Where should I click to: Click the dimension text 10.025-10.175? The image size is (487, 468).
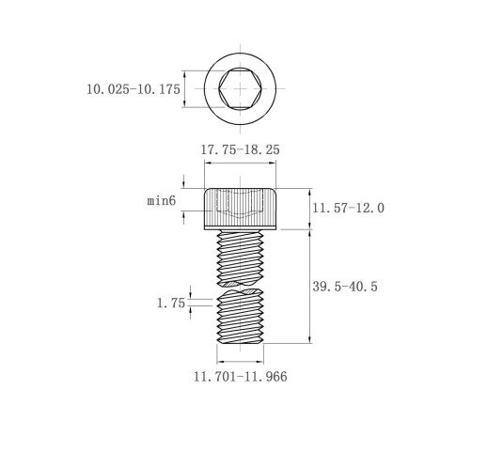pos(134,89)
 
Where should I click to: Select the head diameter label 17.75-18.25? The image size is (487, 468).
pos(240,149)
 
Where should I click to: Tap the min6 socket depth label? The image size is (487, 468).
pos(162,200)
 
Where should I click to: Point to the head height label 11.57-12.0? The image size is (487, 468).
pos(348,208)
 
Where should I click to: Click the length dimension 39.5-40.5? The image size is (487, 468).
pos(345,287)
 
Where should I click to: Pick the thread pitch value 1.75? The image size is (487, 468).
pos(171,303)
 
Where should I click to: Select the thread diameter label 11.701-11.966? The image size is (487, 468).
pos(241,376)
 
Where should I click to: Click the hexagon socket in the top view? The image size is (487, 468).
pos(240,88)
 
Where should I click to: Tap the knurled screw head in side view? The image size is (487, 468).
pos(240,209)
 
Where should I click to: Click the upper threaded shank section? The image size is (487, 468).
pos(240,257)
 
